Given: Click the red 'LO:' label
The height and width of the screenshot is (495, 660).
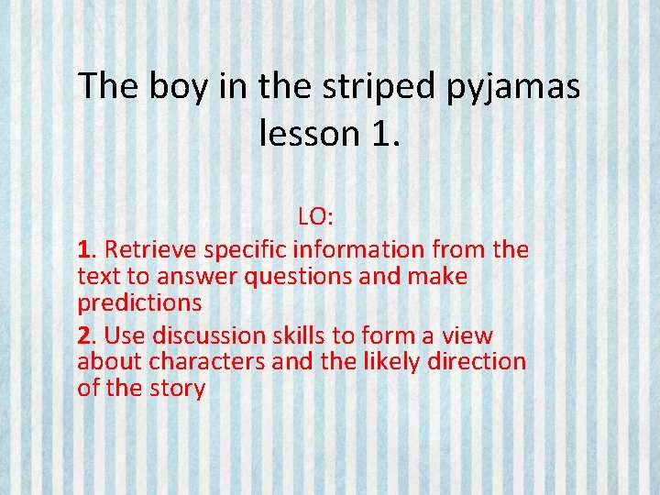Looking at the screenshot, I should pyautogui.click(x=315, y=218).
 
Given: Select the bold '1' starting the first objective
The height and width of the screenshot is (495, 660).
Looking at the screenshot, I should pyautogui.click(x=84, y=248).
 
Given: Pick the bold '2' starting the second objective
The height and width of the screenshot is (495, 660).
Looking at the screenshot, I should pyautogui.click(x=84, y=335).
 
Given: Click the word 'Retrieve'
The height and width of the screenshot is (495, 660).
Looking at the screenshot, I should pyautogui.click(x=150, y=248).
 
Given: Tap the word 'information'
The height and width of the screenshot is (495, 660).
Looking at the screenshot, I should pyautogui.click(x=359, y=248).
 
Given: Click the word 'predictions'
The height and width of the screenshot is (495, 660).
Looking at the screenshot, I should pyautogui.click(x=139, y=302).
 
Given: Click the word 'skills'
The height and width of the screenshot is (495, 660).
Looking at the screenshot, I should pyautogui.click(x=305, y=335).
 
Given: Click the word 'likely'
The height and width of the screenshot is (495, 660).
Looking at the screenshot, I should pyautogui.click(x=394, y=361).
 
